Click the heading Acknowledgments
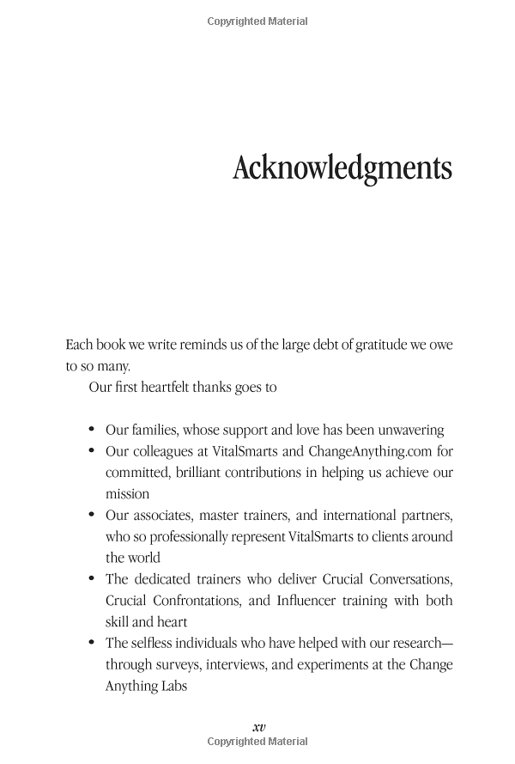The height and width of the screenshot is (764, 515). (342, 168)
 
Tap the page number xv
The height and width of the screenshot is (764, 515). (258, 726)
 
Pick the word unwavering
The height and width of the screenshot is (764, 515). (406, 430)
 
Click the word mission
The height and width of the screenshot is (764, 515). (127, 494)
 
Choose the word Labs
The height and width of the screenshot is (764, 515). (173, 686)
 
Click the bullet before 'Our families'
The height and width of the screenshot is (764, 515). (92, 430)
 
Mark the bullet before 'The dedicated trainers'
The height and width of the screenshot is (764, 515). (92, 579)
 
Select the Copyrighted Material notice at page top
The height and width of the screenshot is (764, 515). (258, 21)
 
